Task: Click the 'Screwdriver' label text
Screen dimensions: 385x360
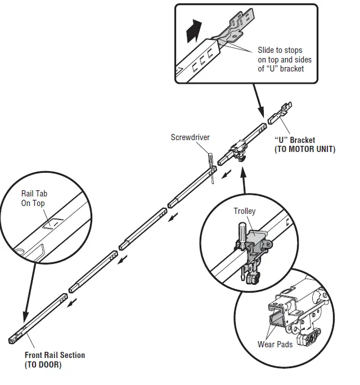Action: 190,137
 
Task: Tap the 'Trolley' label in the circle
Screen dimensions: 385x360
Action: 244,211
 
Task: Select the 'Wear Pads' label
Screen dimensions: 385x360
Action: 275,344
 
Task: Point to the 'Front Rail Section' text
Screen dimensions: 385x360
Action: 55,355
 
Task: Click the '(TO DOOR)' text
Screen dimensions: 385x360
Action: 43,365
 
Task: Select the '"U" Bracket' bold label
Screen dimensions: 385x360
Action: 294,140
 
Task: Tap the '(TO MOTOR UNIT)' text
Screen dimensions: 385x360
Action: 304,149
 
